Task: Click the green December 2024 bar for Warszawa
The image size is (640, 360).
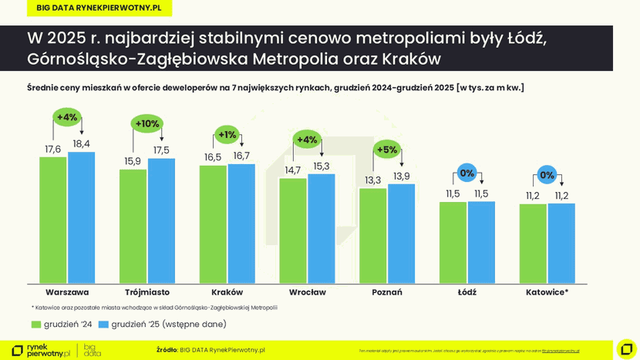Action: click(x=52, y=220)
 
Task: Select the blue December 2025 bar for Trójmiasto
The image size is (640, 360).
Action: click(x=161, y=220)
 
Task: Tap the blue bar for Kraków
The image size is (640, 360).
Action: click(x=241, y=224)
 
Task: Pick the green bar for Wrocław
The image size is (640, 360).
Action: click(x=292, y=230)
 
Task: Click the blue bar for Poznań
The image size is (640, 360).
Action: click(x=401, y=233)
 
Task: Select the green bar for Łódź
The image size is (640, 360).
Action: click(x=453, y=242)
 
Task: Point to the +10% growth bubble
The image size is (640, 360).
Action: click(x=147, y=123)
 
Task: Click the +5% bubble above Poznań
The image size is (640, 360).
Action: click(x=387, y=150)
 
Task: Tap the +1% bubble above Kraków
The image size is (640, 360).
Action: click(x=227, y=135)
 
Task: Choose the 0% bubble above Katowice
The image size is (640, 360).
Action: click(x=547, y=175)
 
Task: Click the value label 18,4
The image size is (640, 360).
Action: click(x=81, y=143)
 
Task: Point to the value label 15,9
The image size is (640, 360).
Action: click(x=133, y=161)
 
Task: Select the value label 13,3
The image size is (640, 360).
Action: click(x=372, y=180)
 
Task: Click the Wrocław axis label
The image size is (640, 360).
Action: click(x=307, y=292)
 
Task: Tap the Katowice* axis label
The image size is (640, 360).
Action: click(x=547, y=292)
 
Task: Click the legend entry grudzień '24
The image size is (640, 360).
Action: click(x=62, y=325)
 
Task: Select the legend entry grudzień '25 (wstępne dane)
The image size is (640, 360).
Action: click(x=163, y=325)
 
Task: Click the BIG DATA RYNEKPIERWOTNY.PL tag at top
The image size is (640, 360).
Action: click(x=99, y=8)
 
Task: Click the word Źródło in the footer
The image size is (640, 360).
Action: click(x=167, y=350)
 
